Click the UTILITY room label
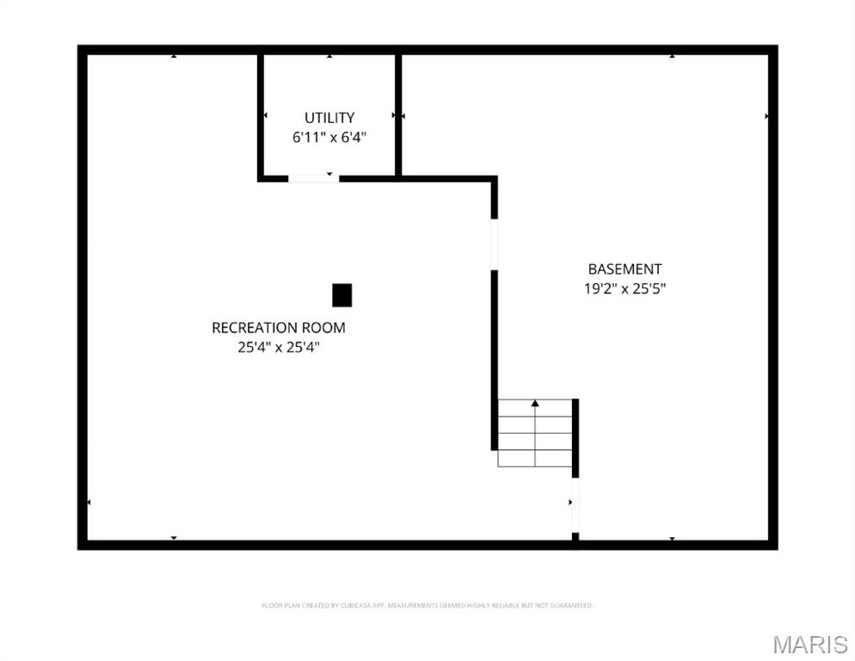pos(329,117)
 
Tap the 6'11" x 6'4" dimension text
pos(329,136)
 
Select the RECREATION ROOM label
pos(279,327)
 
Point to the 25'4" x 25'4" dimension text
pos(279,347)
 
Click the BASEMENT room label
pos(625,269)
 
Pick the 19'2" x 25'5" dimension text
pos(625,289)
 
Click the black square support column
pos(341,295)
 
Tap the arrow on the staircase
pos(535,403)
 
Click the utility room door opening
pos(312,178)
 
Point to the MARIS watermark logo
pos(809,644)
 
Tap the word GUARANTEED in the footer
pos(571,606)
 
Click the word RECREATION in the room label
pos(255,327)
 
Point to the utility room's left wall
pos(260,115)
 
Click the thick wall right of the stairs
pos(575,437)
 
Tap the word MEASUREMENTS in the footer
pos(415,606)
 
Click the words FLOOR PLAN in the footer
pos(277,606)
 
